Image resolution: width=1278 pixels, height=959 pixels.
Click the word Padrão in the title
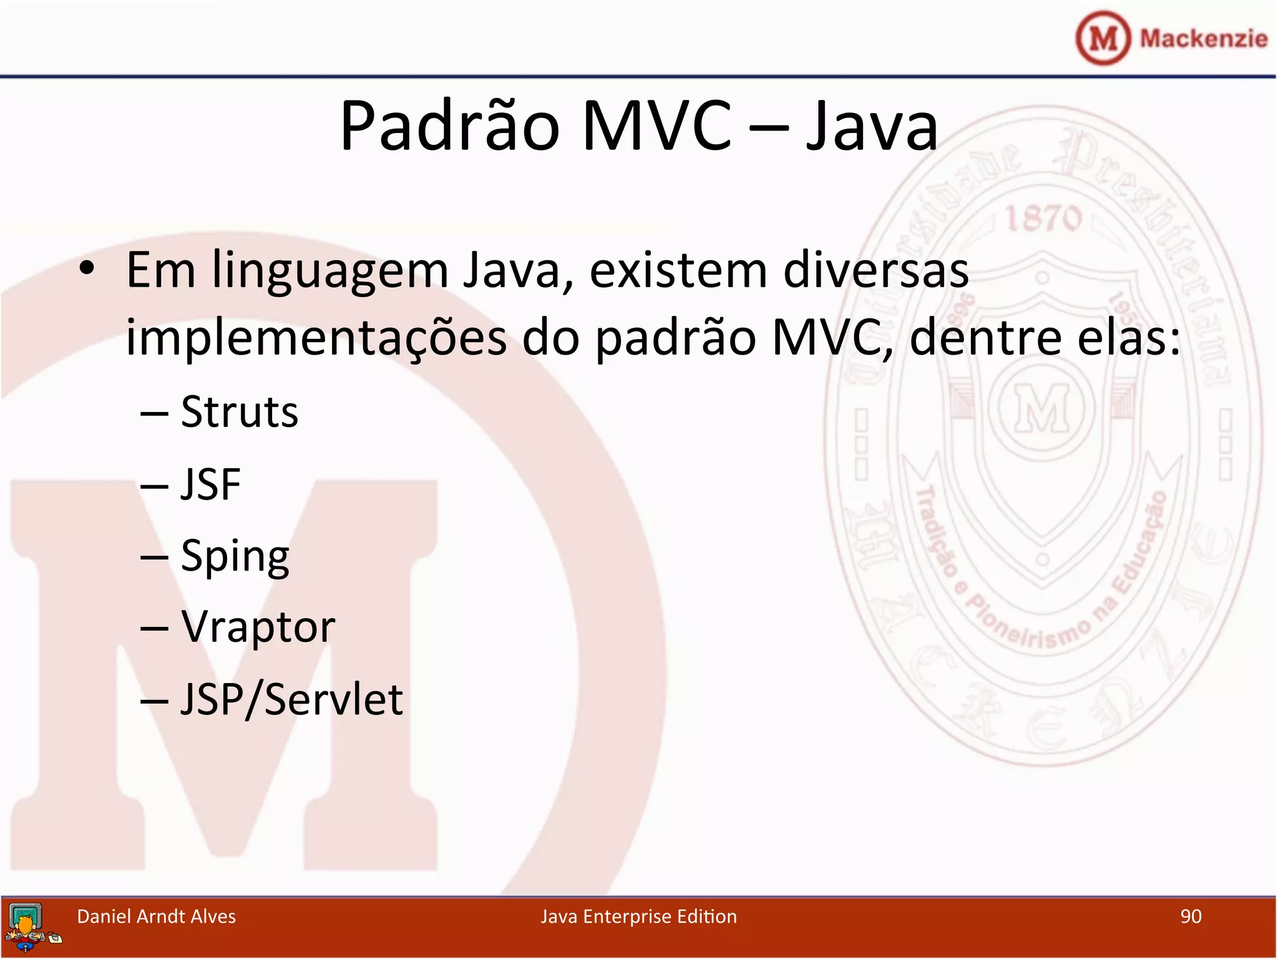click(x=449, y=127)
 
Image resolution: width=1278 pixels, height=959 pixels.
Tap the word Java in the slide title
click(x=872, y=127)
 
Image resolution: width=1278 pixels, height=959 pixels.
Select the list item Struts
click(x=240, y=412)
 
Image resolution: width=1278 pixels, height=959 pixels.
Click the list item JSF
click(x=211, y=484)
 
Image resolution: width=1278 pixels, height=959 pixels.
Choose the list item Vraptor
click(x=258, y=627)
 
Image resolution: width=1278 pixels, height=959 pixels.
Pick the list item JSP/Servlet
click(x=291, y=699)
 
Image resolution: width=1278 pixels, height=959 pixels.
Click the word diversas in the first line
click(x=876, y=270)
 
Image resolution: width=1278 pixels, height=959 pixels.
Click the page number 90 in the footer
click(x=1191, y=917)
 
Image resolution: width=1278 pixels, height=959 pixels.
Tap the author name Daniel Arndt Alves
click(x=156, y=917)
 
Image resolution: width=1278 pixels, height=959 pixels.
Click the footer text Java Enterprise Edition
click(x=638, y=917)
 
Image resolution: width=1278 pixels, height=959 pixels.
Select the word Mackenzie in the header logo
click(x=1203, y=39)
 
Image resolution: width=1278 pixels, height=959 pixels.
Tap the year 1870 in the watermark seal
click(x=1043, y=219)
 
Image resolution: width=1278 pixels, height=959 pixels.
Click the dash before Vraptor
click(x=154, y=628)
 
